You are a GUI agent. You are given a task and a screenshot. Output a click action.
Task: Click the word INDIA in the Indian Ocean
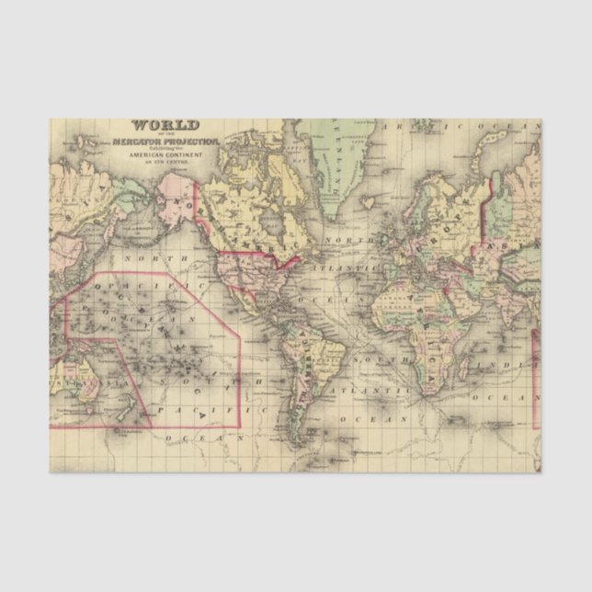519,367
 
